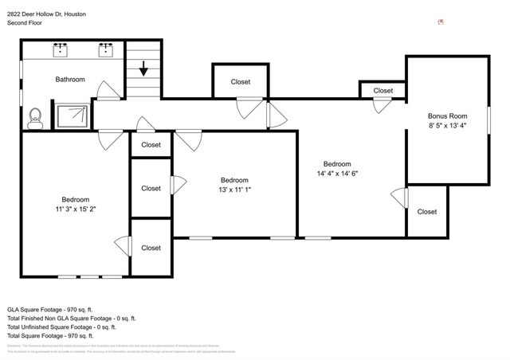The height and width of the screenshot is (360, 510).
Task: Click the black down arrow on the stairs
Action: [x=143, y=69]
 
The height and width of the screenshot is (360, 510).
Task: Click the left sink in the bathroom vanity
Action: [x=61, y=49]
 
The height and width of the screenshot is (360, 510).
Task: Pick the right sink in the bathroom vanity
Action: [x=104, y=49]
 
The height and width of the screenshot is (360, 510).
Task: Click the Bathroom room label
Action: [x=70, y=80]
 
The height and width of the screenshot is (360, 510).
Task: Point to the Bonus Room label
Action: [x=447, y=115]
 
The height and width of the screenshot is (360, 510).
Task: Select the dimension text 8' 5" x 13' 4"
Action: [x=447, y=125]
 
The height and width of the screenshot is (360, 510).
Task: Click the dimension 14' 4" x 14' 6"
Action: [x=343, y=173]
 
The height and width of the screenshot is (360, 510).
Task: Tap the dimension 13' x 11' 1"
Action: [x=234, y=190]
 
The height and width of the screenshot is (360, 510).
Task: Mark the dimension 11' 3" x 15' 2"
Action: [x=76, y=209]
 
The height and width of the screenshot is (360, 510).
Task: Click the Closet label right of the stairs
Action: [x=240, y=82]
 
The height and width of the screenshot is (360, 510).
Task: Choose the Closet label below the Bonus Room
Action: [x=427, y=212]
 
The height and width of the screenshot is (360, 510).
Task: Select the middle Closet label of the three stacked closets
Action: [x=151, y=189]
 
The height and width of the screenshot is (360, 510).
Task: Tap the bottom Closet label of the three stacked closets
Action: [x=151, y=248]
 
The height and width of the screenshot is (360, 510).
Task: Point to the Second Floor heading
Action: [x=25, y=24]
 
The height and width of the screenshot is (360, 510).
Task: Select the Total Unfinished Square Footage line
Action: [x=61, y=327]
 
